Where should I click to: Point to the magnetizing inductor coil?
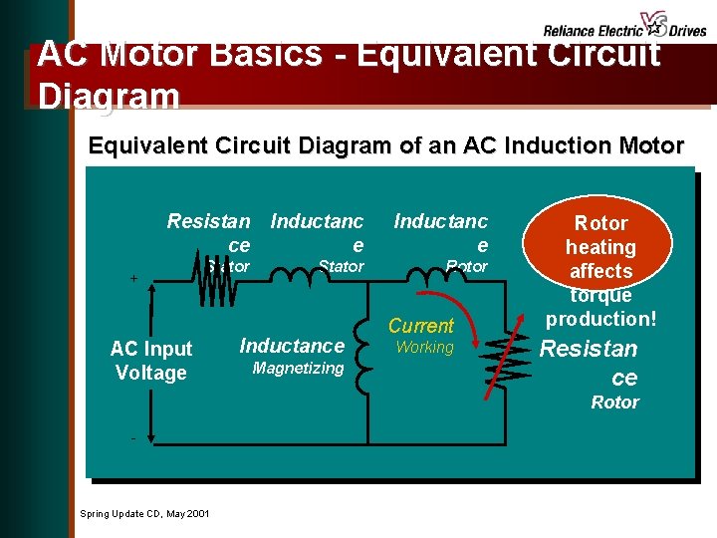364,355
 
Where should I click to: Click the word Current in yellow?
420,326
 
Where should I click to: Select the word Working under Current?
424,348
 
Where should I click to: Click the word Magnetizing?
298,369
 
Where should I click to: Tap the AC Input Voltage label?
151,361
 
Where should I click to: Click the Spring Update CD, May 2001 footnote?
144,513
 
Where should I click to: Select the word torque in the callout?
600,295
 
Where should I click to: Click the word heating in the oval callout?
600,247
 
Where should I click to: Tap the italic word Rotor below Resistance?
614,403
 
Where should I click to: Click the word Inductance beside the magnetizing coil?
292,346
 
